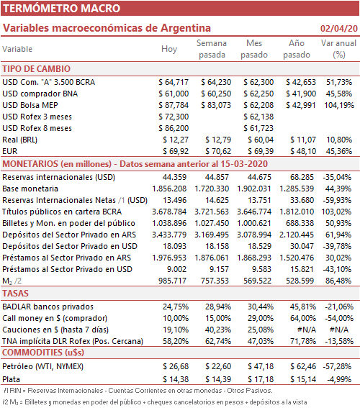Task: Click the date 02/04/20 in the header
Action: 339,28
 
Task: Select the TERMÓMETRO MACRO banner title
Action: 62,9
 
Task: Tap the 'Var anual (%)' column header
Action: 338,49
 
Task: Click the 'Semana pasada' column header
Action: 212,49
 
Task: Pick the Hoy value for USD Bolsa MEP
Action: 174,105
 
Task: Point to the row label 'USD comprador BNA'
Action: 40,94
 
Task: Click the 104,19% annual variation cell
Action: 339,105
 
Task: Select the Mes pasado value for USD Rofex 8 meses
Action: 258,128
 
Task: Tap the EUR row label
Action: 10,151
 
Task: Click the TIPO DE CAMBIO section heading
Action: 37,69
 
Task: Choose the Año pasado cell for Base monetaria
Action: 297,189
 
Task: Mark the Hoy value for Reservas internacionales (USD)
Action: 174,177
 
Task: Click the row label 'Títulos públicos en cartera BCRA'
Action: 62,212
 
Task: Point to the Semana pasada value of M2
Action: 215,281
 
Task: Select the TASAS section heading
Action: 15,294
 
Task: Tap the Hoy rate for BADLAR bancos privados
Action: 176,307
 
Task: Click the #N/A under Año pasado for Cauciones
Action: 307,330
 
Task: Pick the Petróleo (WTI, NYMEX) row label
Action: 43,366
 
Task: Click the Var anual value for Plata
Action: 339,379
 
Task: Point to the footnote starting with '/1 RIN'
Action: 138,391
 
